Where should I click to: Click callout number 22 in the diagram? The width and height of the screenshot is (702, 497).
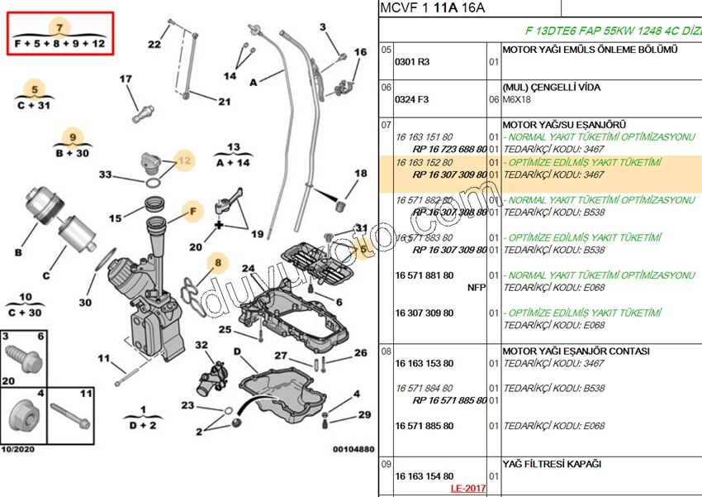[x=154, y=45]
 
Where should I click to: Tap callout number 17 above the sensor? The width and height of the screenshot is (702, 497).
[x=126, y=79]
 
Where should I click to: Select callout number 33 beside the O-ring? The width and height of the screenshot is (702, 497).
[x=105, y=174]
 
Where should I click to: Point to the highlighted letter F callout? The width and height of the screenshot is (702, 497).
[x=192, y=211]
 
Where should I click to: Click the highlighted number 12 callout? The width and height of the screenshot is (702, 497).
[x=183, y=160]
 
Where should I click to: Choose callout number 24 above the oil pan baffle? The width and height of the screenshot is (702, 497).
[x=249, y=269]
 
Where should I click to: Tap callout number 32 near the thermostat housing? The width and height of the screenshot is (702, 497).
[x=201, y=345]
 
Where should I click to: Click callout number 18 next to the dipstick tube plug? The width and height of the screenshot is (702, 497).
[x=361, y=174]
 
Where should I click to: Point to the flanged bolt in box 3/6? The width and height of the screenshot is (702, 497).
[x=22, y=358]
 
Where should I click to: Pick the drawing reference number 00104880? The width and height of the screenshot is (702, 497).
[x=353, y=450]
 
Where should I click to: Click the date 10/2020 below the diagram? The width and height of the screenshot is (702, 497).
[x=18, y=450]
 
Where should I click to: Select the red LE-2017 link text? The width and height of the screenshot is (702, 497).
[x=468, y=488]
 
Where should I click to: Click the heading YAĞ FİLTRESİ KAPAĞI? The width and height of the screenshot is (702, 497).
[x=552, y=464]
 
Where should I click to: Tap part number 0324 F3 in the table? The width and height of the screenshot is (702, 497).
[x=412, y=99]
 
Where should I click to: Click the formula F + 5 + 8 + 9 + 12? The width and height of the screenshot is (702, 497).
[x=59, y=44]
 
